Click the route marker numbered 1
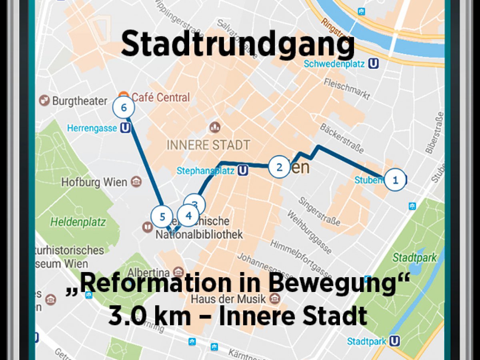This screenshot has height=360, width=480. (x=395, y=180)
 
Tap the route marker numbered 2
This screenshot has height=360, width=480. (x=279, y=167)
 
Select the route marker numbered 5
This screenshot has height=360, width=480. (x=162, y=217)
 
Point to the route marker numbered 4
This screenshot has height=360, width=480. (x=188, y=216)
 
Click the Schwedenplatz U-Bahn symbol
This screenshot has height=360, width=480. (x=374, y=64)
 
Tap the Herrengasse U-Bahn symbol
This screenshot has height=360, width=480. (x=126, y=128)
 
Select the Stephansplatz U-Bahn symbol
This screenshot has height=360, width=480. (x=243, y=171)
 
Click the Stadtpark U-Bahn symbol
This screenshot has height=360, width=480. (x=395, y=341)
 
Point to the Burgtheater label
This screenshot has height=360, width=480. (x=80, y=101)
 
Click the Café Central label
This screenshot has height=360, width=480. (x=160, y=97)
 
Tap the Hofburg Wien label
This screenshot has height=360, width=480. (x=94, y=182)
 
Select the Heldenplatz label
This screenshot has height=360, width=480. (x=78, y=222)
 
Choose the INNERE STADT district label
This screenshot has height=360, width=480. (x=208, y=145)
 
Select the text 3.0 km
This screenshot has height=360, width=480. (x=149, y=316)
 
